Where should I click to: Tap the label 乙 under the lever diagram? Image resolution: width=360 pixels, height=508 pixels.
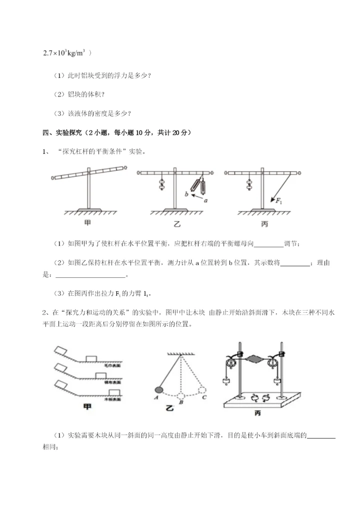(x=176, y=224)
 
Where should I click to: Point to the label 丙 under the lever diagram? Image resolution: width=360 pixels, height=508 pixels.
(x=264, y=224)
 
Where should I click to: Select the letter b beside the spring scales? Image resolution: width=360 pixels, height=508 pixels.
(x=186, y=194)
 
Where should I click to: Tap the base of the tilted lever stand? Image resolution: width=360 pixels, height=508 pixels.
(x=88, y=208)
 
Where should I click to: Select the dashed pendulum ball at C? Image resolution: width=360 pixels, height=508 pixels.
(x=202, y=389)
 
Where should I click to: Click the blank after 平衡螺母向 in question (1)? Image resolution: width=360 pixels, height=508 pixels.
(x=268, y=244)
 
